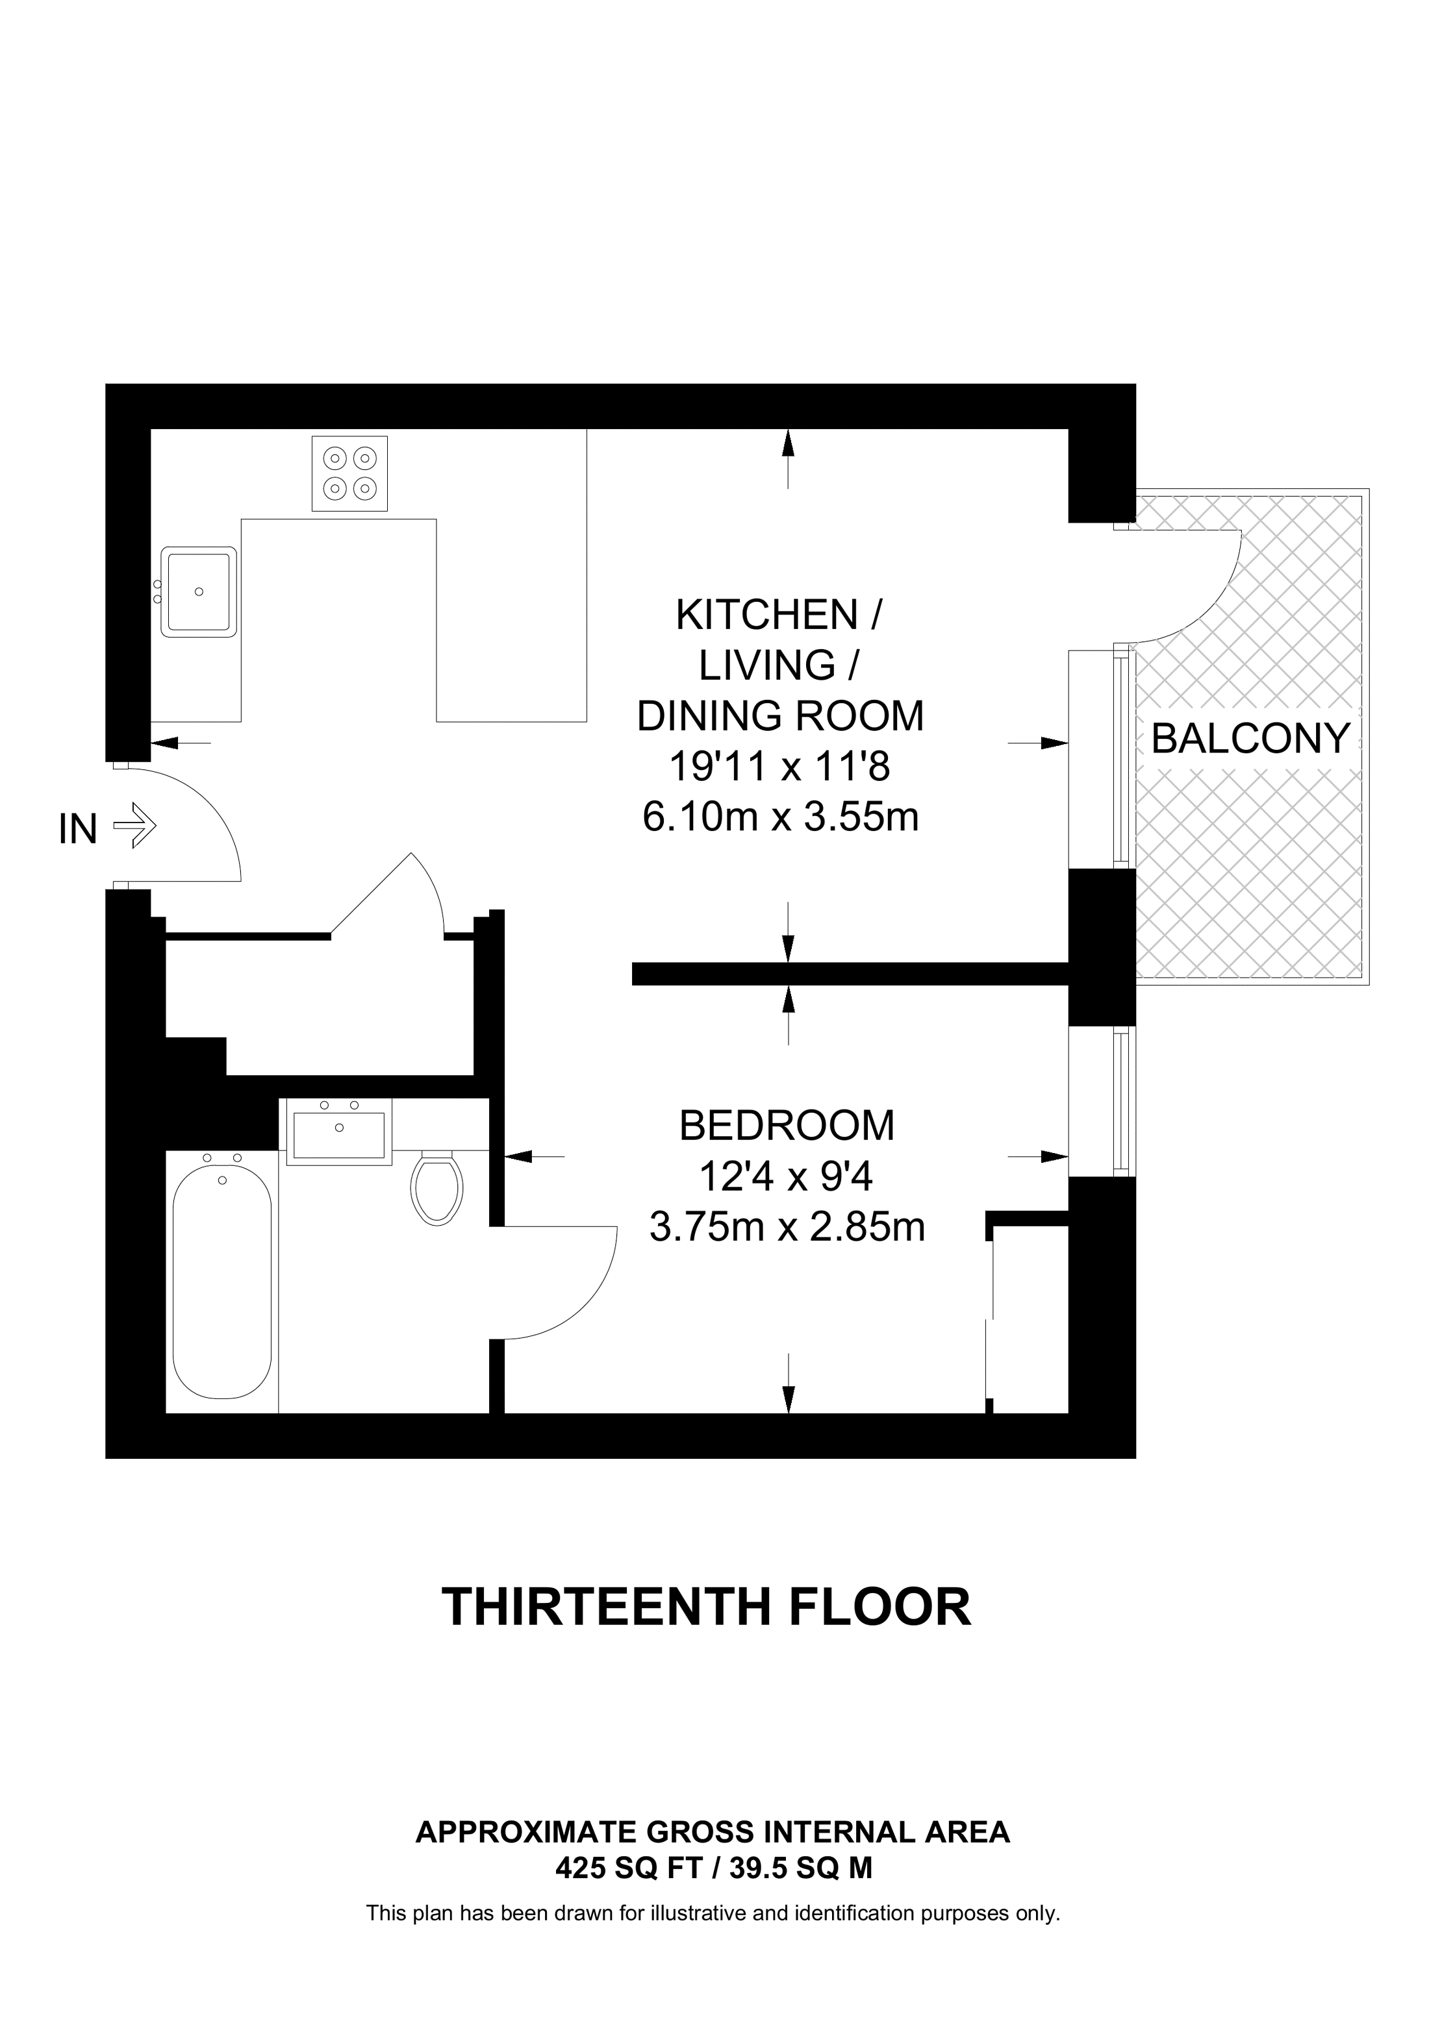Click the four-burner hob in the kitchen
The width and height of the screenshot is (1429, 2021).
[349, 473]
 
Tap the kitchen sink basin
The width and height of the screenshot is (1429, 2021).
[199, 591]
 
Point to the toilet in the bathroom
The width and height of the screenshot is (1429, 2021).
[436, 1187]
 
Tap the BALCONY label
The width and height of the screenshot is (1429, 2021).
[1250, 739]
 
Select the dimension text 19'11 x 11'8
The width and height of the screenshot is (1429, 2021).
[779, 767]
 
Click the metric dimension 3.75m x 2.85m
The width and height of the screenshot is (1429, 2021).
[787, 1227]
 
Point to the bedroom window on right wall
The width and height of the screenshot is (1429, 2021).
[1120, 1101]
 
